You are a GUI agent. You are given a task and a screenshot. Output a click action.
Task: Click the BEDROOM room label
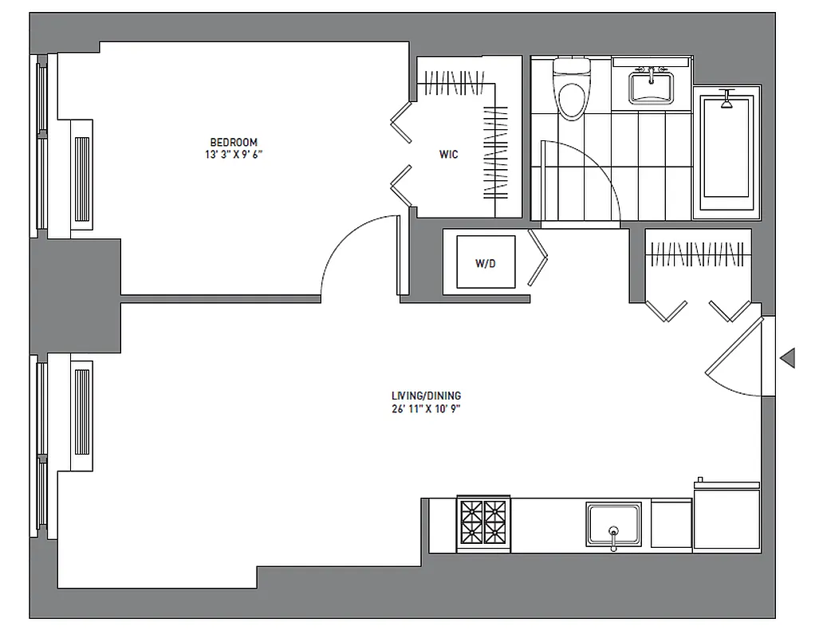click(233, 143)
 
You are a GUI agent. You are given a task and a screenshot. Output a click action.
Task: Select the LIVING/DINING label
click(426, 396)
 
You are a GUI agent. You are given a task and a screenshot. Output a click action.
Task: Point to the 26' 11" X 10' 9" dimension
click(426, 409)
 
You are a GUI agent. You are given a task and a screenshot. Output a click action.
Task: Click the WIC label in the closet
click(448, 155)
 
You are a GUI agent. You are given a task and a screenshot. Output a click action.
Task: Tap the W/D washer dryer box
click(485, 262)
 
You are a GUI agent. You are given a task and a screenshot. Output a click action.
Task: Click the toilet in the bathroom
click(571, 92)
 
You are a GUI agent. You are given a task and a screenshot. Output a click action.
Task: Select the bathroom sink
click(652, 86)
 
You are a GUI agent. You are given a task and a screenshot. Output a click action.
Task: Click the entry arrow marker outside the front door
click(787, 358)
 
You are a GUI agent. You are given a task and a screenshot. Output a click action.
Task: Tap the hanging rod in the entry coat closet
click(698, 255)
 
